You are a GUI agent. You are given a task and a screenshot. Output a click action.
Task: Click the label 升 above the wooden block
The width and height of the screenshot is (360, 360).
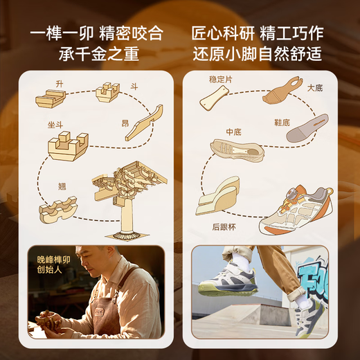point(60,83)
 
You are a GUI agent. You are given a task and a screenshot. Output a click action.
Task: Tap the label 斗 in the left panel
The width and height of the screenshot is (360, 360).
point(134,87)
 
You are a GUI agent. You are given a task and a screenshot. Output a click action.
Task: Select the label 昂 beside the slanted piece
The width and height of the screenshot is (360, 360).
point(125,123)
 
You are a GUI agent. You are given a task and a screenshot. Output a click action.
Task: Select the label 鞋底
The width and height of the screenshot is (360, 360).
point(282,123)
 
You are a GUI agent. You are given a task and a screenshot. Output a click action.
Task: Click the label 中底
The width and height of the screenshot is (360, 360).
point(233,130)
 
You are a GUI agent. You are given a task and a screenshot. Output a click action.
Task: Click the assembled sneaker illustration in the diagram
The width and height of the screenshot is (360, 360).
point(296,207)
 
